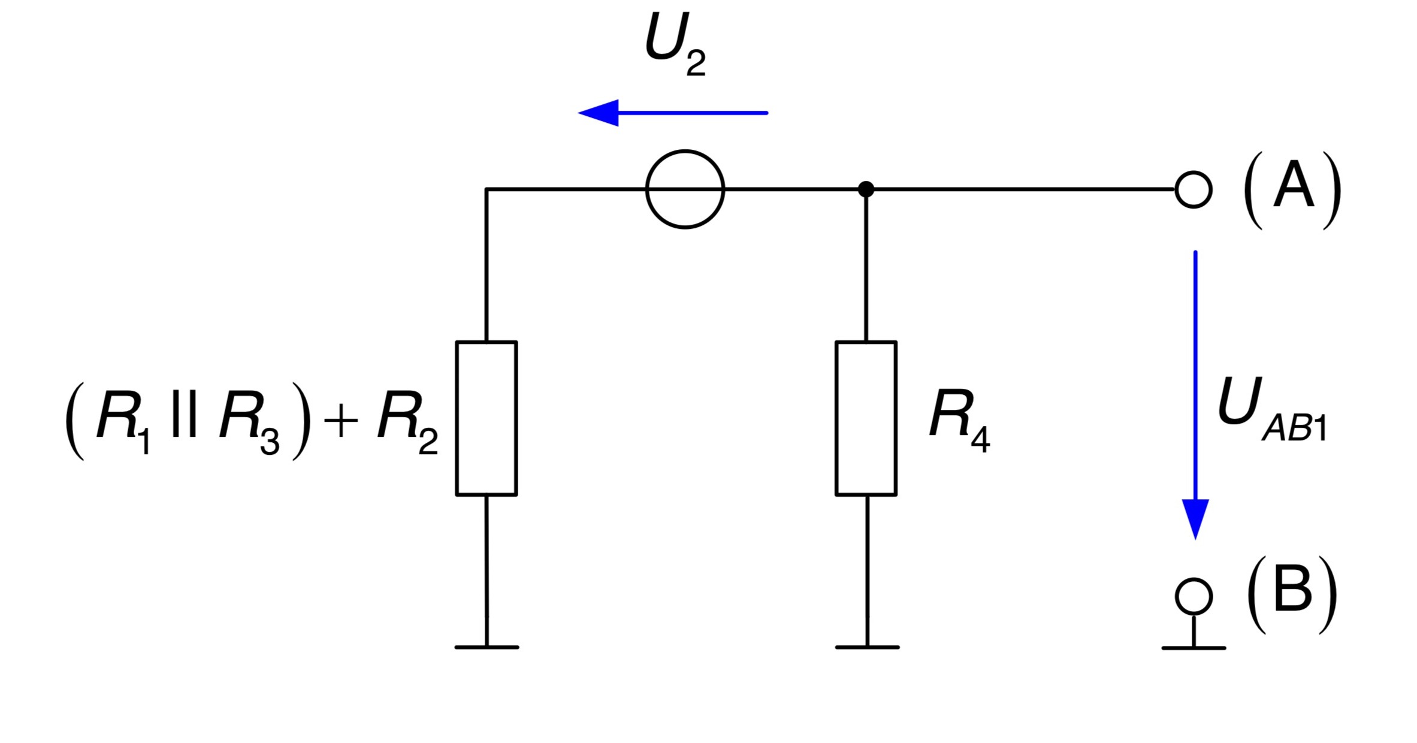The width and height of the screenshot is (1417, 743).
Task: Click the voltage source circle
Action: click(x=685, y=151)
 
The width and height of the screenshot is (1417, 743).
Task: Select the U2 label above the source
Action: click(x=675, y=45)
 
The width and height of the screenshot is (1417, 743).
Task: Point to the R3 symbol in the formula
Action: click(x=249, y=422)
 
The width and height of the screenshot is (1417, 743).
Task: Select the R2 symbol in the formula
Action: click(x=407, y=422)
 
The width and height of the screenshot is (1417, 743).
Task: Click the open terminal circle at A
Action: click(x=1194, y=172)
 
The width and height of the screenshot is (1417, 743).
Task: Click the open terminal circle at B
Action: click(x=1194, y=579)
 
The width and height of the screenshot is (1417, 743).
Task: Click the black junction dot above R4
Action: click(x=866, y=189)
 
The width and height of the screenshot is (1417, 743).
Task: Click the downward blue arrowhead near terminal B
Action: click(x=1195, y=519)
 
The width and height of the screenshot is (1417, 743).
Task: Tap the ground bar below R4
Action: click(x=867, y=648)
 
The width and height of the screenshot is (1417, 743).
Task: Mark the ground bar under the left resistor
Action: click(x=487, y=648)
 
